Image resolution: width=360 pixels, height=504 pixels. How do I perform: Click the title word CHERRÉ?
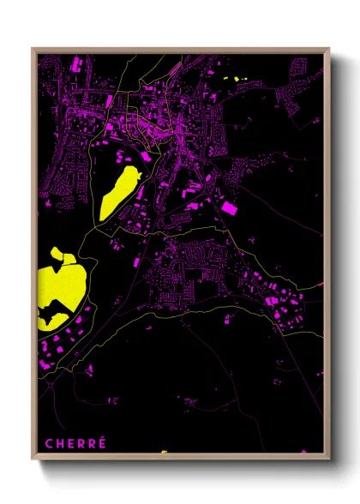(75, 443)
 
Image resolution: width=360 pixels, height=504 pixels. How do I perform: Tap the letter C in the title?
(49, 443)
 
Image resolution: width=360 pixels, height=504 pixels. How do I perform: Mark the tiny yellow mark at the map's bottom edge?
(163, 452)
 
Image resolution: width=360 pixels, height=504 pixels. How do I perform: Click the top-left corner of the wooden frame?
(33, 49)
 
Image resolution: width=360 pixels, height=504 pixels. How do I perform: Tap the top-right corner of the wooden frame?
(329, 49)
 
